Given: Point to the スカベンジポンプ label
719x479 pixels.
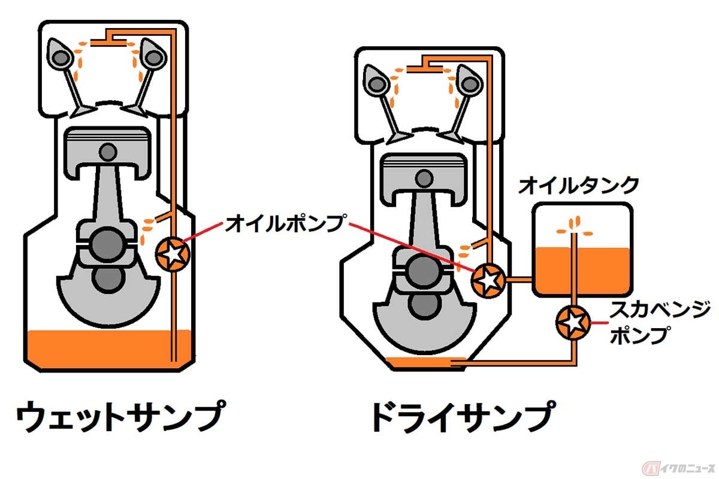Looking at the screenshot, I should pos(650,324).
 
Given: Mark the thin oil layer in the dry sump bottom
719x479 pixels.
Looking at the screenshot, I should pos(419,361).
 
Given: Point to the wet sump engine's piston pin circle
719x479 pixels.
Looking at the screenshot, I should pos(108,150).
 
